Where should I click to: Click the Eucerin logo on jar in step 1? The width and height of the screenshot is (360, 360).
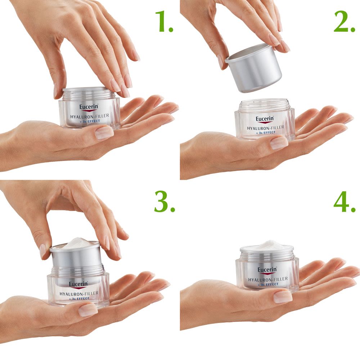tap(89, 107)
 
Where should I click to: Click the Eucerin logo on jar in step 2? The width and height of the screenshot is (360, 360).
tap(265, 119)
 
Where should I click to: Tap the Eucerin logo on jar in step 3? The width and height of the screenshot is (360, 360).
tap(78, 284)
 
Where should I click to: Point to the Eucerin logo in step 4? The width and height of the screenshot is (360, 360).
tap(267, 270)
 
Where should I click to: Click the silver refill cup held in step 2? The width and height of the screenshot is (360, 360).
tap(254, 68)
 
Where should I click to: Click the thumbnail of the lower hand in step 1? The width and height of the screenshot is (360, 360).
tap(104, 132)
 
